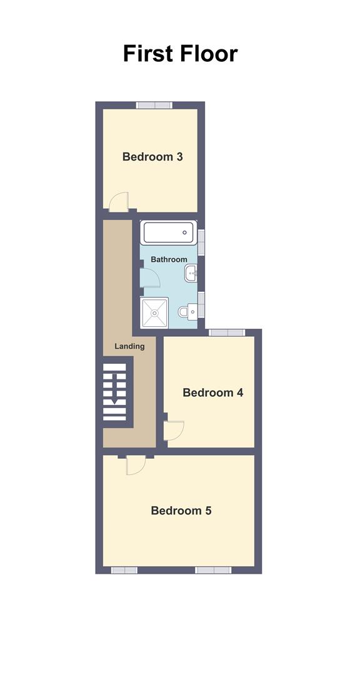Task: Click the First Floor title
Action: (180, 54)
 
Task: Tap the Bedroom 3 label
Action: (152, 157)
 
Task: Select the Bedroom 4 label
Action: (212, 393)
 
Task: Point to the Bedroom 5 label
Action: (181, 511)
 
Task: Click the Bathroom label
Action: (169, 259)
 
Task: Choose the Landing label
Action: (129, 346)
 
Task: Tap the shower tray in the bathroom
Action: (154, 313)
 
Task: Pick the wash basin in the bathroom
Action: (192, 272)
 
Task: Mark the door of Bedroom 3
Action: (118, 202)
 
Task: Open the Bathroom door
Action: (149, 277)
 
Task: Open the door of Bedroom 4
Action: (174, 429)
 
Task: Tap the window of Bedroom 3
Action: (155, 105)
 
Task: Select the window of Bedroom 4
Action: (226, 332)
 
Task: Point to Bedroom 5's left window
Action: (124, 570)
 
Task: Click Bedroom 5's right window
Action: (212, 570)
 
